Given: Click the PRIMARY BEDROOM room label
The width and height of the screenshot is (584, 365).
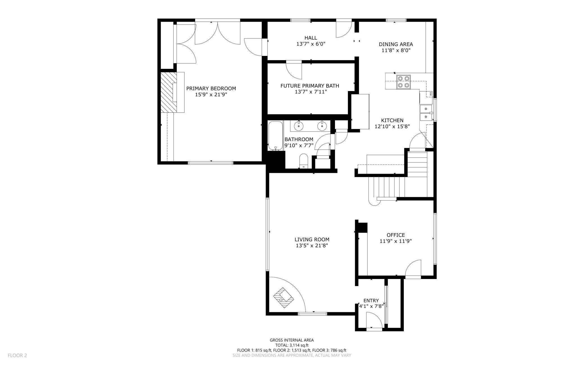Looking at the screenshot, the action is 211,89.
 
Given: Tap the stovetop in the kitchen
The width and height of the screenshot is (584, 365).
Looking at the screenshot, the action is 403,82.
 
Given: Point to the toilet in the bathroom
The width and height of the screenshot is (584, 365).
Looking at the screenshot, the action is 304,161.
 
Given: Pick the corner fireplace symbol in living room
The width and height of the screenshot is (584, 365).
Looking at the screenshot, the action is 284,298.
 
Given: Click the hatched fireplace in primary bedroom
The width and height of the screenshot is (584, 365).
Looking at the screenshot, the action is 168,92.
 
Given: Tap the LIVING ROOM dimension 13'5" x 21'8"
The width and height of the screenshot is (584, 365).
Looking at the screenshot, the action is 312,246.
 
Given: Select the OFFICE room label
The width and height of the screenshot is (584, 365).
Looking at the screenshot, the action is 396,235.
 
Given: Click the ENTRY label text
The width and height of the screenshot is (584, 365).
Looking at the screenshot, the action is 371,300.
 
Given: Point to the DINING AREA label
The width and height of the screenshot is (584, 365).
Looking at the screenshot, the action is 396,44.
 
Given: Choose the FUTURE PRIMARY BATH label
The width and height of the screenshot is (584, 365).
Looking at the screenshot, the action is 310,86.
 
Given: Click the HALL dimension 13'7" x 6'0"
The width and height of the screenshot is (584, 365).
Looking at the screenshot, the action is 311,44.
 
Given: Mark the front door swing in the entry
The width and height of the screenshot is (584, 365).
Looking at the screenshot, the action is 374,320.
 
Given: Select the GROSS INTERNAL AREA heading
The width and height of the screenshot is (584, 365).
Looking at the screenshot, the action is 292,340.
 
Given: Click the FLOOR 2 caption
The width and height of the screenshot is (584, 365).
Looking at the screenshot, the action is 17,355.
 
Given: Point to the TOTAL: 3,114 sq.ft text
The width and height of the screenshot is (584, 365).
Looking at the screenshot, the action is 292,345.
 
